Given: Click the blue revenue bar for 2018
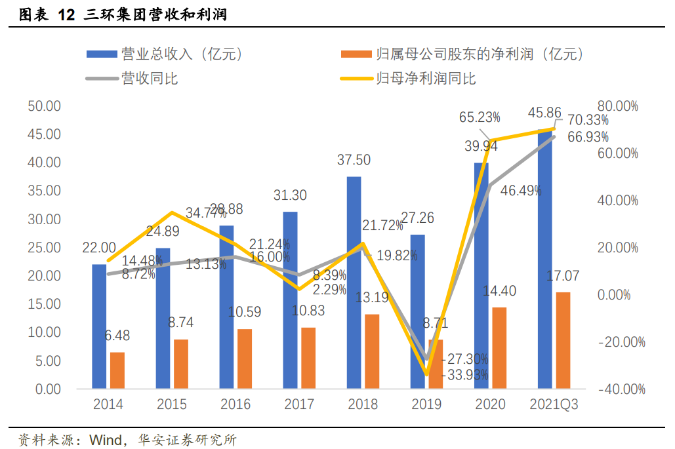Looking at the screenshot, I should click(354, 283).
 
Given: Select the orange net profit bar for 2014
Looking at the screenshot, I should click(117, 370).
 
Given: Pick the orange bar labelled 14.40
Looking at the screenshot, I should click(499, 347).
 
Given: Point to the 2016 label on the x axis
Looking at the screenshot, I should click(235, 404).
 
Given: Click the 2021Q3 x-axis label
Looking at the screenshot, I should click(554, 404).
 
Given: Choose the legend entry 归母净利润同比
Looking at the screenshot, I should click(426, 79).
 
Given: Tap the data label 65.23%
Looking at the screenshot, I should click(480, 117).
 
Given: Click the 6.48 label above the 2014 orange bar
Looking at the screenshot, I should click(117, 336).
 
